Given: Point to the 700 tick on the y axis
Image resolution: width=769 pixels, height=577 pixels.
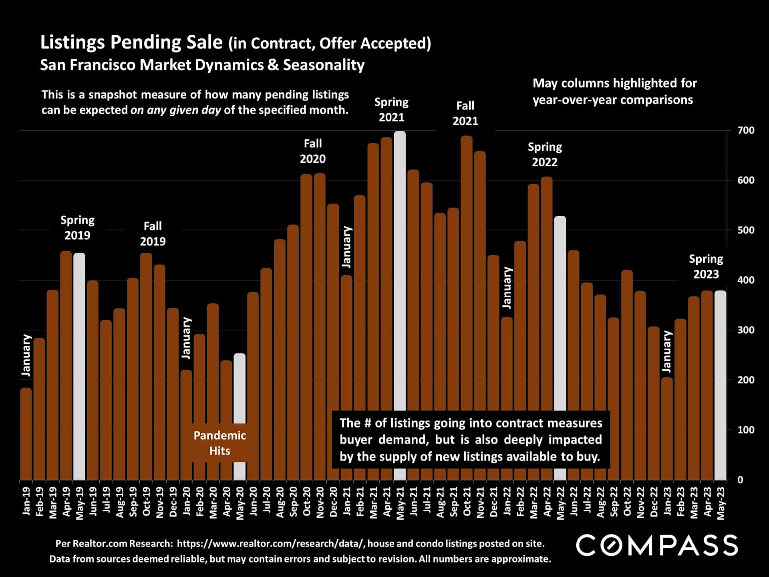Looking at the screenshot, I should (746, 131).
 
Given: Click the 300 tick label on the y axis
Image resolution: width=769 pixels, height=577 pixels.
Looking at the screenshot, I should (746, 330).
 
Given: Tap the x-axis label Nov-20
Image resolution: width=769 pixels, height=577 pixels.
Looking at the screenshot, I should (320, 502).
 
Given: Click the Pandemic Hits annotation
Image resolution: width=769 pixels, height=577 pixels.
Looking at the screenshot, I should (219, 443).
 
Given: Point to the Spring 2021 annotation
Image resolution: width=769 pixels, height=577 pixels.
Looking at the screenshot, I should (391, 110).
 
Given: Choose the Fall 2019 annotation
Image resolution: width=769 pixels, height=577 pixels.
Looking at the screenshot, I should (153, 234).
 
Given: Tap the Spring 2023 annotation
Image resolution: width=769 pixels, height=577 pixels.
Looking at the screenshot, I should (706, 266).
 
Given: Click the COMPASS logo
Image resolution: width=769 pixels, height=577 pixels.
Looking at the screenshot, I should (657, 545).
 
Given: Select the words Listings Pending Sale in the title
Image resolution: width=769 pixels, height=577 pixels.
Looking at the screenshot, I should (131, 42).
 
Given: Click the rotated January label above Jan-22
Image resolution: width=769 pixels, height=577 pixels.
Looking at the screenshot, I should (507, 288).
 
